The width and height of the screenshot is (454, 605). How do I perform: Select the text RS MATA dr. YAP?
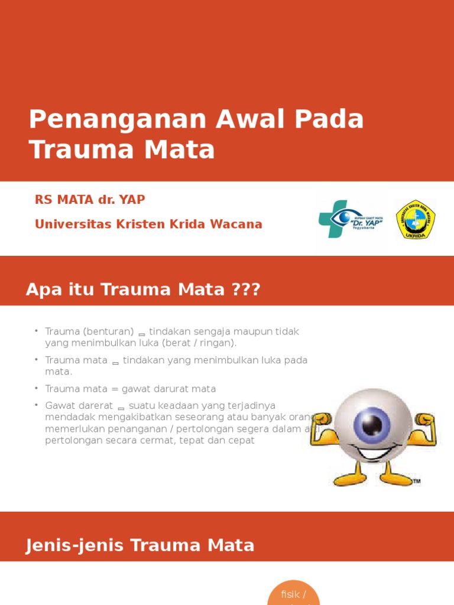click(x=90, y=200)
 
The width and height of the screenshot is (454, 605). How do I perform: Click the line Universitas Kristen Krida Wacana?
click(x=148, y=225)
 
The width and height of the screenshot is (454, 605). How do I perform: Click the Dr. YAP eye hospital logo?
click(x=351, y=219)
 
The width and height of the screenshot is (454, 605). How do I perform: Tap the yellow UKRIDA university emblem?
click(x=416, y=219)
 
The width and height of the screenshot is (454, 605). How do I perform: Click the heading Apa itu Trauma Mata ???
click(x=143, y=290)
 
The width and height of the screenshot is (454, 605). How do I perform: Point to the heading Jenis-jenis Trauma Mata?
click(x=140, y=545)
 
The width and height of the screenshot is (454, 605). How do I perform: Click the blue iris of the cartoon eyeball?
click(x=372, y=422)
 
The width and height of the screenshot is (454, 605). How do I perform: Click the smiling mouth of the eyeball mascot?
click(x=374, y=454)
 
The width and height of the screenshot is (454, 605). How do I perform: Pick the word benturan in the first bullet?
click(x=109, y=331)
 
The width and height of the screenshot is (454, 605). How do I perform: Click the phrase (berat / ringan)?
click(x=201, y=343)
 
